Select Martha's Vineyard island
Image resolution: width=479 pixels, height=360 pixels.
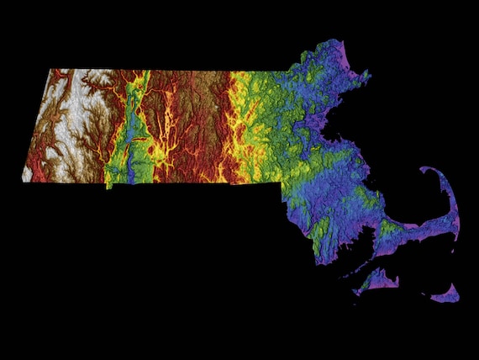pyautogui.click(x=377, y=281)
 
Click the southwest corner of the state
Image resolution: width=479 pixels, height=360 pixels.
pyautogui.click(x=24, y=178)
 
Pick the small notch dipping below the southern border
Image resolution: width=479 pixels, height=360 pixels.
pyautogui.click(x=108, y=185)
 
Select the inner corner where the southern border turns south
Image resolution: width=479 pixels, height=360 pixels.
pyautogui.click(x=281, y=181)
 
